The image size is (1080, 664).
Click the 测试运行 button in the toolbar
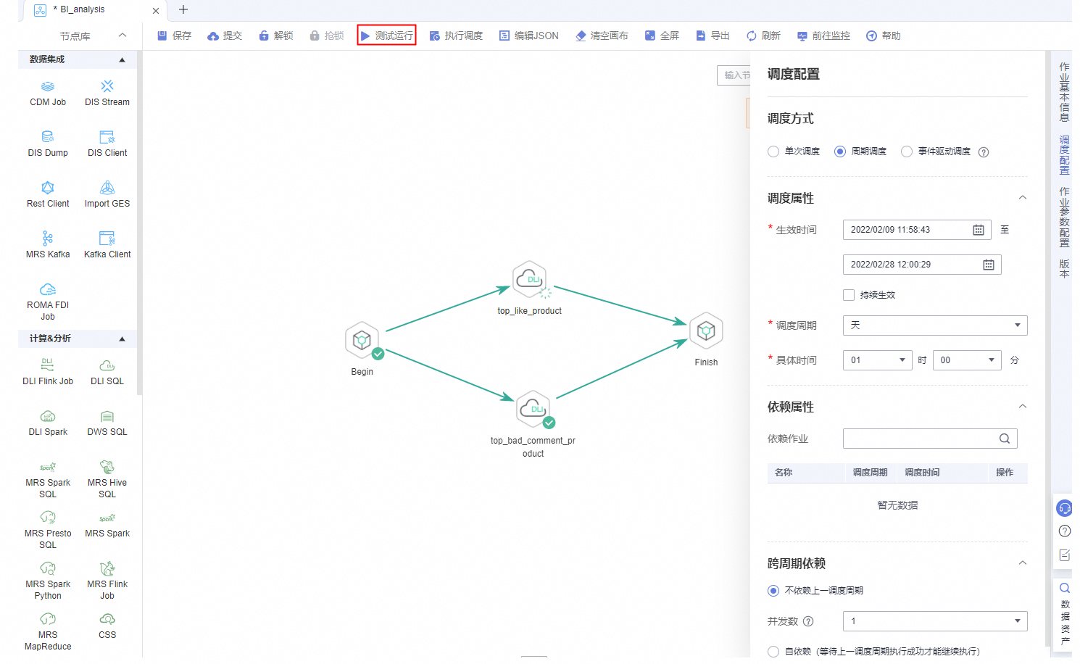pyautogui.click(x=386, y=36)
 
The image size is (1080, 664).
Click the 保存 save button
pyautogui.click(x=175, y=36)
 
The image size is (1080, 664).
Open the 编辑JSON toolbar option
pyautogui.click(x=529, y=36)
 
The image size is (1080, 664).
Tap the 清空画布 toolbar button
pyautogui.click(x=602, y=36)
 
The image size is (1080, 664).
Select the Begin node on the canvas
pyautogui.click(x=362, y=340)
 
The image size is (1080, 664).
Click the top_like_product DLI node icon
pyautogui.click(x=529, y=279)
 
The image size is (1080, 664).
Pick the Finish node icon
pyautogui.click(x=706, y=331)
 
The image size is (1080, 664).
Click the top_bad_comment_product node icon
pyautogui.click(x=533, y=409)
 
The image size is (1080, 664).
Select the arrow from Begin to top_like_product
pyautogui.click(x=448, y=309)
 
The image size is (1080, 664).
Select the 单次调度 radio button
pyautogui.click(x=773, y=152)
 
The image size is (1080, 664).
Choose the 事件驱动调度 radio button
pyautogui.click(x=907, y=152)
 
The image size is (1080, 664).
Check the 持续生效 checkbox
pyautogui.click(x=849, y=295)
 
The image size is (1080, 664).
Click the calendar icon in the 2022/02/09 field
pyautogui.click(x=979, y=230)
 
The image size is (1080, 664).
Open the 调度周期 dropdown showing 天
pyautogui.click(x=935, y=325)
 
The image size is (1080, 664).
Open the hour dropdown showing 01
pyautogui.click(x=878, y=360)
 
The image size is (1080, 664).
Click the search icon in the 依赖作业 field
pyautogui.click(x=1005, y=439)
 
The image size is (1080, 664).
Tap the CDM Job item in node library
pyautogui.click(x=48, y=94)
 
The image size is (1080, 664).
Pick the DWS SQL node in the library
pyautogui.click(x=107, y=423)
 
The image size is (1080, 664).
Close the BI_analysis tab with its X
pyautogui.click(x=156, y=11)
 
